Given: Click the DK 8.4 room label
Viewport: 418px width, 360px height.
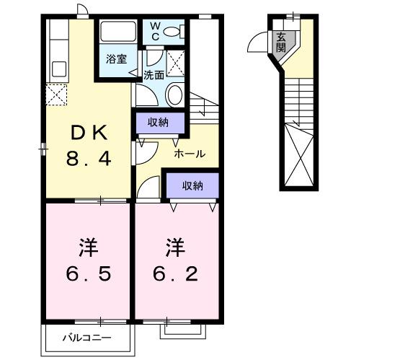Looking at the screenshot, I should tap(89, 145).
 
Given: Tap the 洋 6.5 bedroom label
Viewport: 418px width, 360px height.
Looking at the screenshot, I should tap(89, 260).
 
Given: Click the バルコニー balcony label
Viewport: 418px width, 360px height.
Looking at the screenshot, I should tap(86, 337).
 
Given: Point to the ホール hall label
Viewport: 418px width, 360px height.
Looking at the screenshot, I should tap(190, 154).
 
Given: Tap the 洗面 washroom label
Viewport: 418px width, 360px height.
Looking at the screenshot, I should tap(153, 74).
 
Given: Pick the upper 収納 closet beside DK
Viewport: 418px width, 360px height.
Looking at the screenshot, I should tap(159, 122).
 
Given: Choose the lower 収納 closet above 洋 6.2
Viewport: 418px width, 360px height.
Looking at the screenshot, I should tap(192, 185).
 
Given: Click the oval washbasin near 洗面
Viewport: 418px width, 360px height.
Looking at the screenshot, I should tap(174, 95).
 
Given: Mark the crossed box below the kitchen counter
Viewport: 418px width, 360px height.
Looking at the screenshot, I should tap(56, 95).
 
